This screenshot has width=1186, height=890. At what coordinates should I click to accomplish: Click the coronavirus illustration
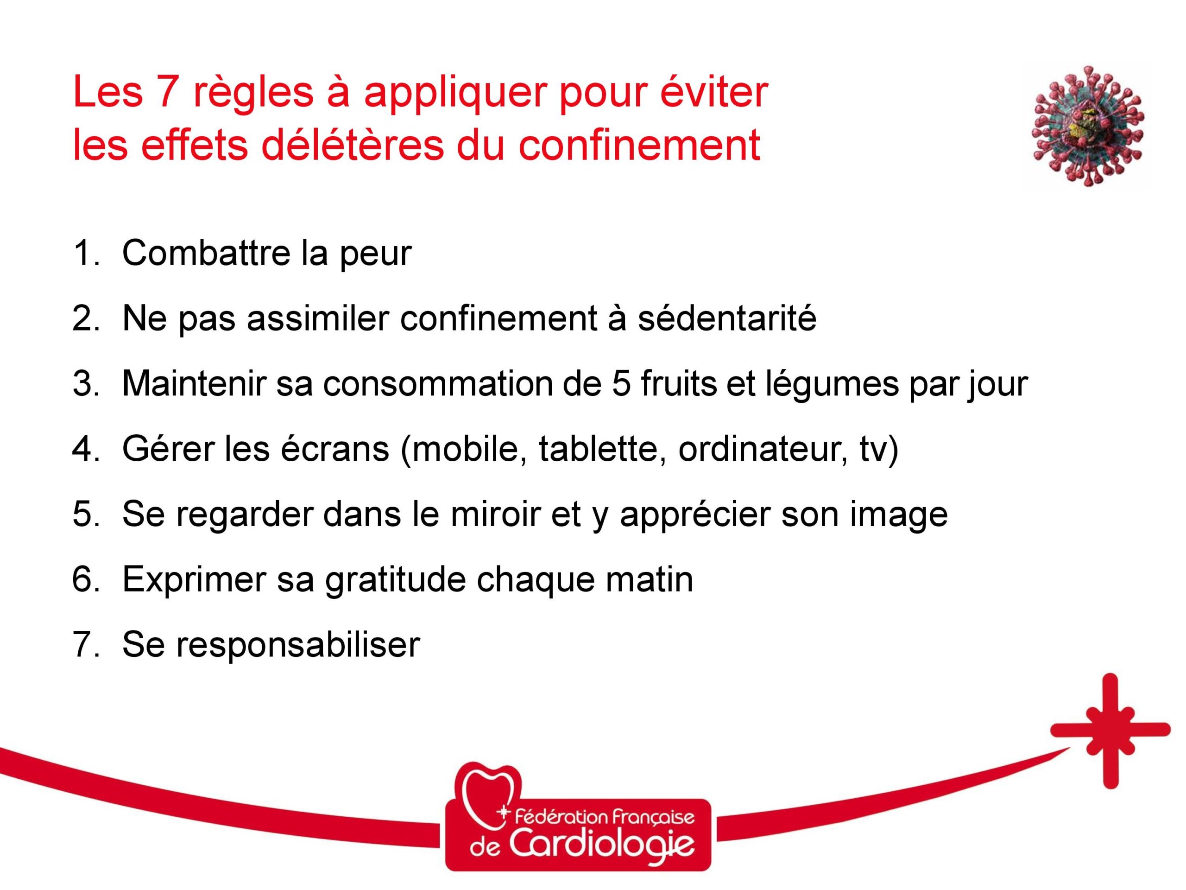pyautogui.click(x=1087, y=126)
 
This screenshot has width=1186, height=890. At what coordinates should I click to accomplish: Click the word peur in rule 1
pyautogui.click(x=375, y=254)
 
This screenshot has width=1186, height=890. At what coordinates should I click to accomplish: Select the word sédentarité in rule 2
pyautogui.click(x=727, y=318)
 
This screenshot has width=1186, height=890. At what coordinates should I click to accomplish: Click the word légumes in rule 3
pyautogui.click(x=831, y=383)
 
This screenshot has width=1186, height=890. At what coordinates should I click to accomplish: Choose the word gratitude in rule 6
pyautogui.click(x=396, y=579)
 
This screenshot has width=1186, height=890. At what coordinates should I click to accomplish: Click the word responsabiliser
pyautogui.click(x=298, y=644)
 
